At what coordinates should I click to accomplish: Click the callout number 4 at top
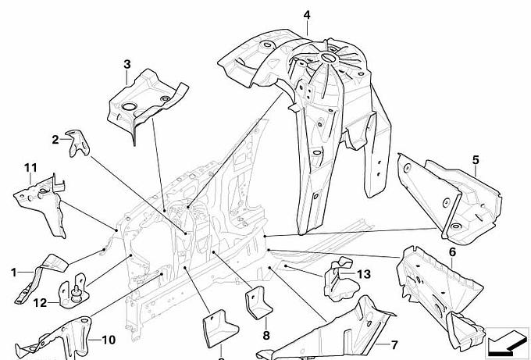pos(307,15)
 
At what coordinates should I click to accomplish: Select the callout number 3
pos(127,64)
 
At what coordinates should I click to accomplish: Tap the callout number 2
pos(55,140)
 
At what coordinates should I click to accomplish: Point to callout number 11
pos(30,168)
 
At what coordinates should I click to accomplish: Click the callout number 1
pos(12,272)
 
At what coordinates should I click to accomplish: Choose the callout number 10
pos(107,340)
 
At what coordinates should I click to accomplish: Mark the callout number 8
pos(265,336)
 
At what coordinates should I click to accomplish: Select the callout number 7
pos(394,344)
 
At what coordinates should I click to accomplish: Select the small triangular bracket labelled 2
pos(77,143)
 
